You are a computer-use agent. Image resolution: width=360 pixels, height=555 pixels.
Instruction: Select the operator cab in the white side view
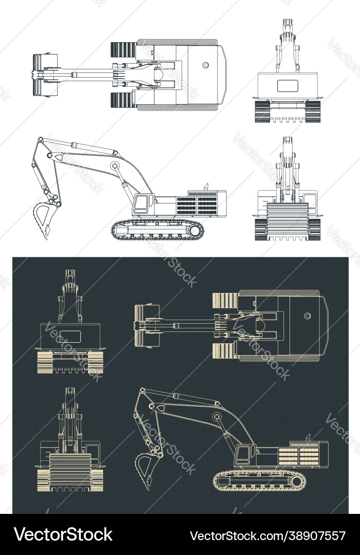pyautogui.click(x=142, y=204)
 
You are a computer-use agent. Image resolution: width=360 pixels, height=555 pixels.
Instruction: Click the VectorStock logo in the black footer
pyautogui.click(x=63, y=535)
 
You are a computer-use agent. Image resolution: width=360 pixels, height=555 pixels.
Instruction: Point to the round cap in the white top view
pyautogui.click(x=206, y=65)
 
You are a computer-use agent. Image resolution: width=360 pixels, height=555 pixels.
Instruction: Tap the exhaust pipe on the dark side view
pyautogui.click(x=308, y=437)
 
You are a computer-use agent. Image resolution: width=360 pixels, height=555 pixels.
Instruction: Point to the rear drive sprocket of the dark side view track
pyautogui.click(x=297, y=482)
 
